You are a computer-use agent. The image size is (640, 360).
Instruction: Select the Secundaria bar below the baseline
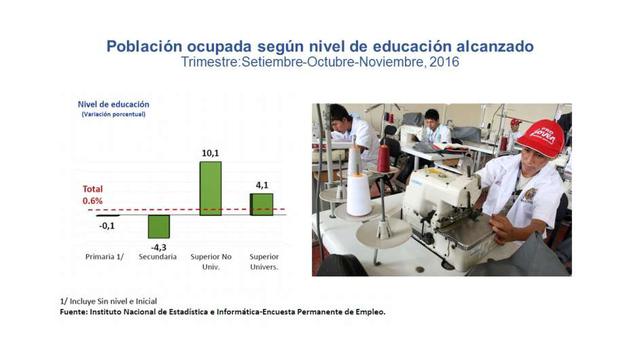[x=159, y=225]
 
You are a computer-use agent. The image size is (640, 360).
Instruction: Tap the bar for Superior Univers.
[x=261, y=203]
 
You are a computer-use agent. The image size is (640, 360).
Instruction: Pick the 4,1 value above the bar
[x=262, y=185]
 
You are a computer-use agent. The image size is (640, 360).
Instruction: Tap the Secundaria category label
[x=158, y=257]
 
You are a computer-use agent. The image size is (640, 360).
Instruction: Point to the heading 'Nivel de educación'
[x=113, y=103]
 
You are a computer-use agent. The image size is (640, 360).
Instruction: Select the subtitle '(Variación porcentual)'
[x=114, y=116]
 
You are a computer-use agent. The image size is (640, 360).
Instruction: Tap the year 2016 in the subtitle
[x=440, y=63]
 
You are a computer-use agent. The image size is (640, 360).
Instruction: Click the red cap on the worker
[x=541, y=137]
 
